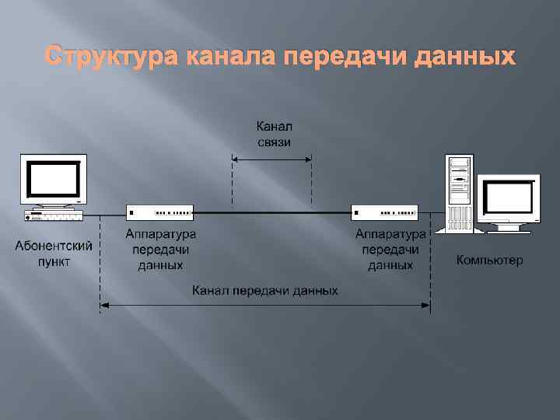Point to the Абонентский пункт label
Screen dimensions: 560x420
[x=54, y=254]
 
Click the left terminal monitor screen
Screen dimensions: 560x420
[x=54, y=177]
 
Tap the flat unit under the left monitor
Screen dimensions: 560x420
[x=53, y=213]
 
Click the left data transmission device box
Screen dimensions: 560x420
[x=159, y=211]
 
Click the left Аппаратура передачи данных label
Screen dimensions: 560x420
[x=161, y=249]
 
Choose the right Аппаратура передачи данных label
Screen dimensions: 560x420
[x=390, y=249]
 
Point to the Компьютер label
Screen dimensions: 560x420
[x=489, y=260]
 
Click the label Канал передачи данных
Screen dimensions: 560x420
[x=265, y=291]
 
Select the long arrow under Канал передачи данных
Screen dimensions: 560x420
[x=265, y=305]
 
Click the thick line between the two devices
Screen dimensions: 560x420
[x=272, y=211]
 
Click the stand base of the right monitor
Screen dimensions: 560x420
[x=509, y=228]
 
